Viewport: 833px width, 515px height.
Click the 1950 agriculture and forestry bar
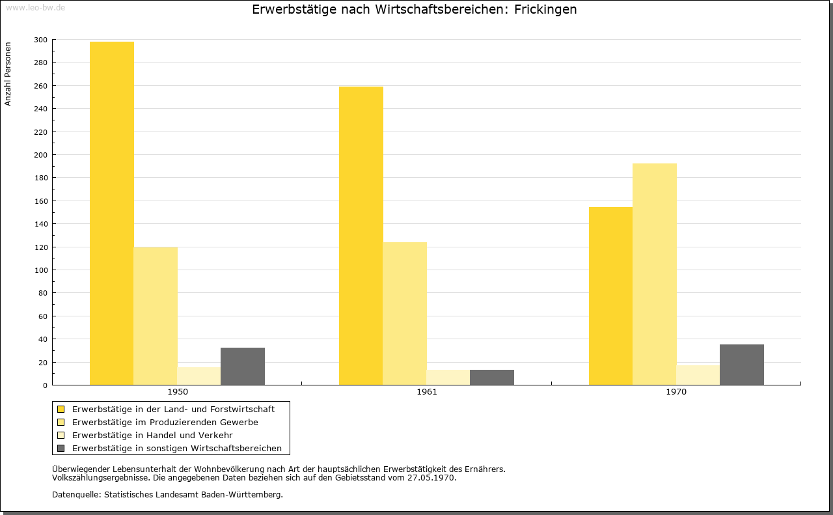pyautogui.click(x=111, y=213)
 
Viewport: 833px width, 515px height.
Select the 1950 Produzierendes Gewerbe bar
pyautogui.click(x=156, y=316)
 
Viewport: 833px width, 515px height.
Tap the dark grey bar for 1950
pyautogui.click(x=243, y=366)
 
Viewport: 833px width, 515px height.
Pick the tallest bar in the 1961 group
pyautogui.click(x=361, y=236)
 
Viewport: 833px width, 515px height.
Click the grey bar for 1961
pyautogui.click(x=492, y=378)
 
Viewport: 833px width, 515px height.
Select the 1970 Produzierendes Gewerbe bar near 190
pyautogui.click(x=655, y=274)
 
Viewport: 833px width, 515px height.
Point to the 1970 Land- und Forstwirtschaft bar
pyautogui.click(x=610, y=296)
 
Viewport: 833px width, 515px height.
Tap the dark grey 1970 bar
pyautogui.click(x=742, y=365)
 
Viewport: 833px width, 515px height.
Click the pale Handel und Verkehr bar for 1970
pyautogui.click(x=698, y=375)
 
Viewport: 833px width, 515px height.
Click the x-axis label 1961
pyautogui.click(x=427, y=392)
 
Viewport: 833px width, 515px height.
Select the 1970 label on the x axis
pyautogui.click(x=676, y=392)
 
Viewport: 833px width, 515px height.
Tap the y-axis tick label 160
pyautogui.click(x=40, y=201)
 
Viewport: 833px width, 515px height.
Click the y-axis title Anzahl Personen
pyautogui.click(x=8, y=74)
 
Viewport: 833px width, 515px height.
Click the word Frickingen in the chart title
pyautogui.click(x=545, y=10)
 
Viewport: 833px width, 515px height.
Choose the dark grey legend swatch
pyautogui.click(x=61, y=449)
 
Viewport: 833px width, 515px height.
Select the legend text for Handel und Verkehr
pyautogui.click(x=152, y=436)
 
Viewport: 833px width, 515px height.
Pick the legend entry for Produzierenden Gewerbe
pyautogui.click(x=165, y=423)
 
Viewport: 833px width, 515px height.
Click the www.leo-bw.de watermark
pyautogui.click(x=36, y=7)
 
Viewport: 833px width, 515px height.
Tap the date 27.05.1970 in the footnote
pyautogui.click(x=431, y=478)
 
